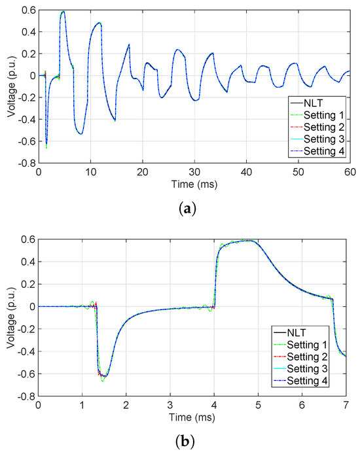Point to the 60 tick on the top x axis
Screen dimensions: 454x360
point(350,171)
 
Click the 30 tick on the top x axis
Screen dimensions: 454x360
point(194,171)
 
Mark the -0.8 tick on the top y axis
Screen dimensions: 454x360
point(26,164)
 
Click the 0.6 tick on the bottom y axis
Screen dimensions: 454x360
point(28,238)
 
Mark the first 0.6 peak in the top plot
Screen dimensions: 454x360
point(63,12)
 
